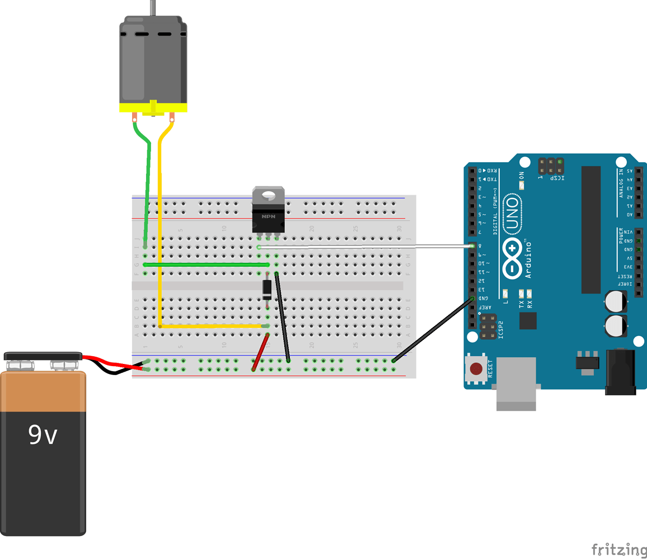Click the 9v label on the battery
(x=43, y=435)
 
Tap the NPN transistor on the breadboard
(x=268, y=215)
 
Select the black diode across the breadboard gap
(x=268, y=288)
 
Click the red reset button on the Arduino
(x=476, y=369)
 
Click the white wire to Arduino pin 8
(x=364, y=246)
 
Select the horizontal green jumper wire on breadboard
(x=207, y=264)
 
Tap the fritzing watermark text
(x=618, y=549)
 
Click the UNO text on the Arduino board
(x=510, y=215)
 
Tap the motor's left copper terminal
(x=135, y=117)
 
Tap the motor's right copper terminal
(x=172, y=117)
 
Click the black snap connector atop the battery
(x=43, y=356)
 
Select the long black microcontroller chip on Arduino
(x=590, y=229)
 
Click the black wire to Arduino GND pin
(x=433, y=330)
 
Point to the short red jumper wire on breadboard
(x=261, y=352)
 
